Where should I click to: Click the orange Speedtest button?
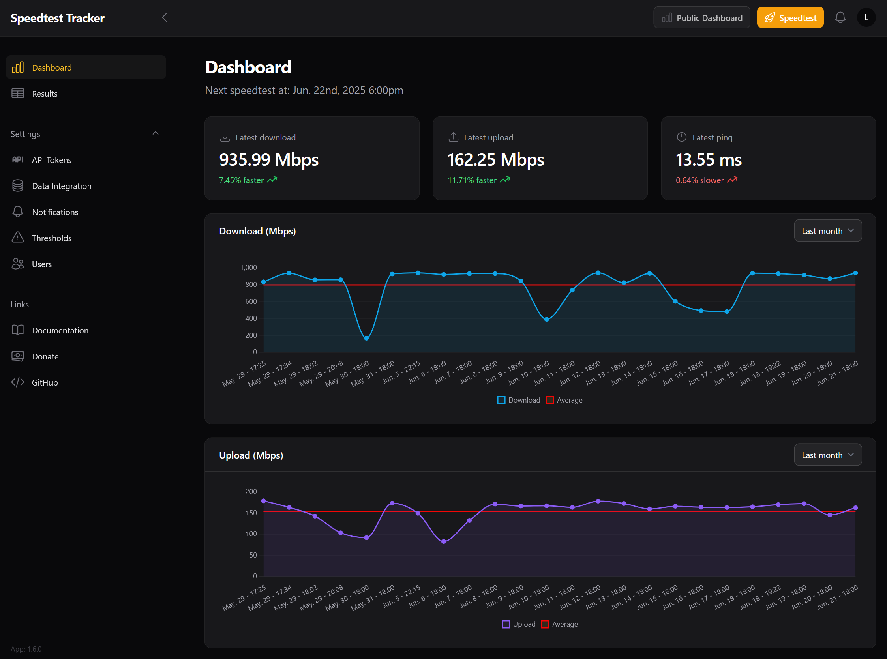pos(789,18)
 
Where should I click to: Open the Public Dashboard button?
pos(701,18)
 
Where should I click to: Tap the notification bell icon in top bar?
pos(840,17)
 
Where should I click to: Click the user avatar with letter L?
pos(866,17)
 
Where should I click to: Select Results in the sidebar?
pos(44,94)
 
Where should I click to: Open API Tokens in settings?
pos(51,160)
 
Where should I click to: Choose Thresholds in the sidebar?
pos(51,238)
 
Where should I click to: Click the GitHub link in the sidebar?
pos(45,382)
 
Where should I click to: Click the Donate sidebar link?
pos(45,357)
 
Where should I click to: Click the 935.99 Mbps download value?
pos(268,159)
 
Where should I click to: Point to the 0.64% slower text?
pos(699,180)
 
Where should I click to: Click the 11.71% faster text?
pos(472,180)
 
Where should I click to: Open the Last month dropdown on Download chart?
pos(827,231)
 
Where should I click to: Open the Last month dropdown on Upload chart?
pos(827,455)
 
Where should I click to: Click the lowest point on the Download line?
pos(366,338)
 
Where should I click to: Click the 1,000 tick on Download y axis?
pos(248,268)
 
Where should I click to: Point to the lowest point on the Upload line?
pos(443,542)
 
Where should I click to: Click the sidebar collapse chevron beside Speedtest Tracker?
pos(165,17)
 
